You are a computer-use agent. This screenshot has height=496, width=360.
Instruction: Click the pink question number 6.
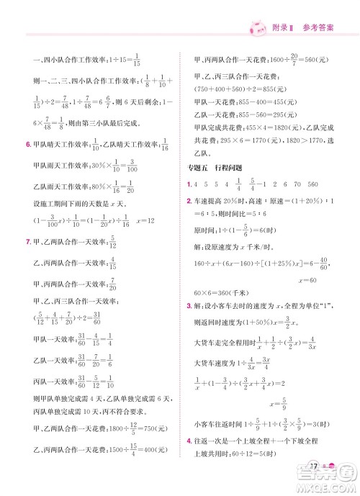27,145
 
